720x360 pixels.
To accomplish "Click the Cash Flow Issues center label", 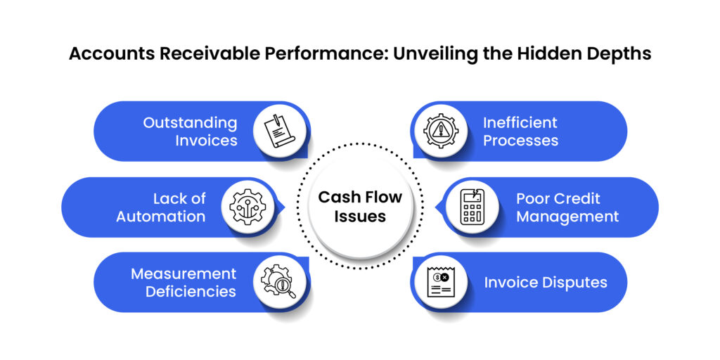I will [x=360, y=207].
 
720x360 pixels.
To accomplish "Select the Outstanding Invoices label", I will [x=190, y=131].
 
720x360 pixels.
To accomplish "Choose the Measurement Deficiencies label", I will [x=184, y=282].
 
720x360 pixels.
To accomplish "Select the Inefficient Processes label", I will [x=520, y=131].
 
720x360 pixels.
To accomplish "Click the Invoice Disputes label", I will [x=546, y=283].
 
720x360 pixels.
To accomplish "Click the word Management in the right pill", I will [x=567, y=217].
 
